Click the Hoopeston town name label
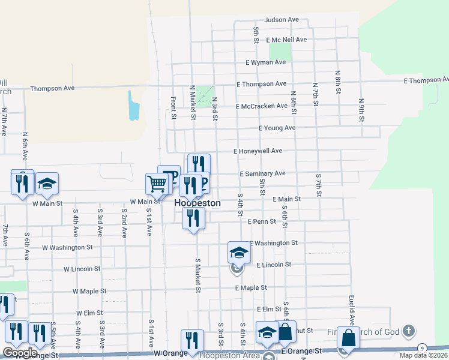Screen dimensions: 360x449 197,203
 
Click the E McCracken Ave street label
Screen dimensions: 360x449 262,106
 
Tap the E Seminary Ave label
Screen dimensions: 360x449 262,174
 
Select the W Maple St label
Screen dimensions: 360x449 89,291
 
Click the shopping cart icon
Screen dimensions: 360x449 157,183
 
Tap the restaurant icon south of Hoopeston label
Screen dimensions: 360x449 193,218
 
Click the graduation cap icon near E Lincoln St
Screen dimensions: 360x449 238,253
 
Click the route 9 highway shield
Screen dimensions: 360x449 422,348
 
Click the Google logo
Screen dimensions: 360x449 20,353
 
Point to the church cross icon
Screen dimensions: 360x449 408,331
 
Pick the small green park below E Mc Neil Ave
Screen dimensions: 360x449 280,52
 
